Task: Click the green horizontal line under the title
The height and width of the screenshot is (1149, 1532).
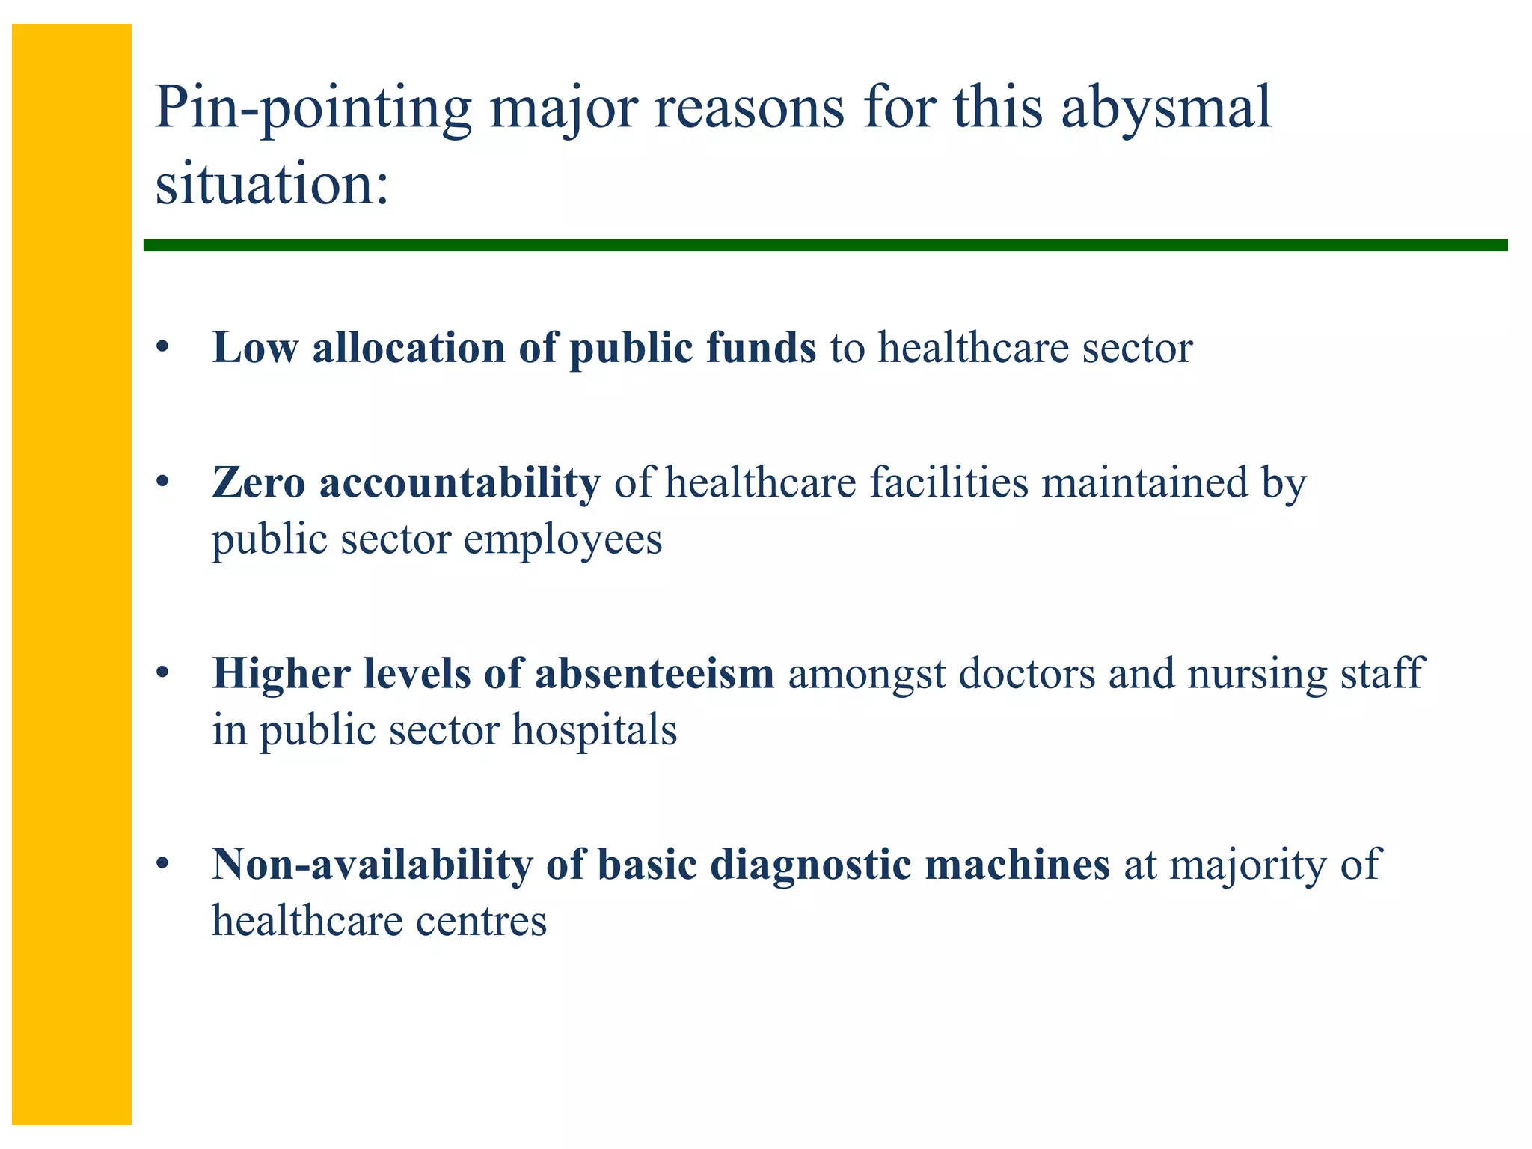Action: pyautogui.click(x=823, y=245)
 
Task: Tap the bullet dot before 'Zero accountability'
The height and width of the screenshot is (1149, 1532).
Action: pyautogui.click(x=162, y=482)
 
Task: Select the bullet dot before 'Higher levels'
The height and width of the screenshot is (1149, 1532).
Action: pyautogui.click(x=162, y=673)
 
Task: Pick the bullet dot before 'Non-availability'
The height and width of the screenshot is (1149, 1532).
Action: pyautogui.click(x=162, y=864)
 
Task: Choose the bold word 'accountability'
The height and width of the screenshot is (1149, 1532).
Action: pyautogui.click(x=459, y=482)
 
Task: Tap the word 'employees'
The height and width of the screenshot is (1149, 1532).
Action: pyautogui.click(x=563, y=540)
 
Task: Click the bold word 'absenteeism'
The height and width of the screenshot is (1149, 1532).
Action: pyautogui.click(x=654, y=673)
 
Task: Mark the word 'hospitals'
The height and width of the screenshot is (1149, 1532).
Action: pyautogui.click(x=594, y=730)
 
